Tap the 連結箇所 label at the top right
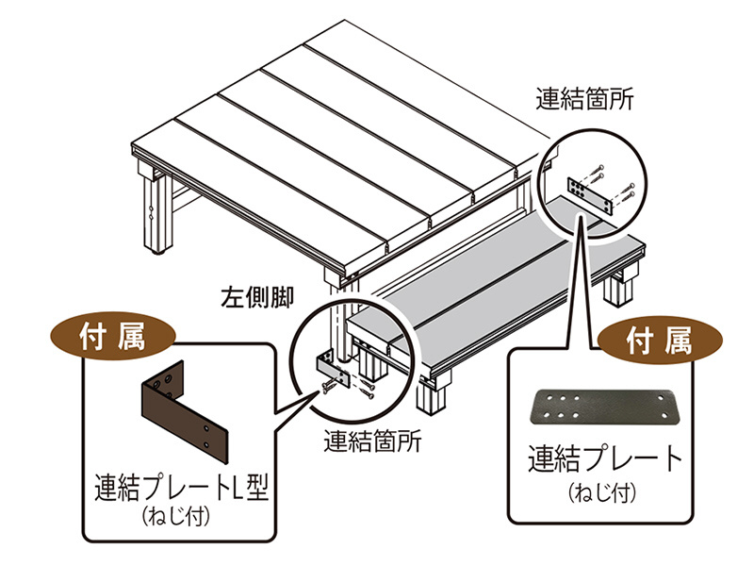click(x=585, y=96)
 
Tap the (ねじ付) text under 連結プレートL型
click(x=180, y=515)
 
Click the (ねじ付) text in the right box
click(x=605, y=492)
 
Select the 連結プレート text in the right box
click(x=605, y=459)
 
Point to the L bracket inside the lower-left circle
click(x=322, y=364)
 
